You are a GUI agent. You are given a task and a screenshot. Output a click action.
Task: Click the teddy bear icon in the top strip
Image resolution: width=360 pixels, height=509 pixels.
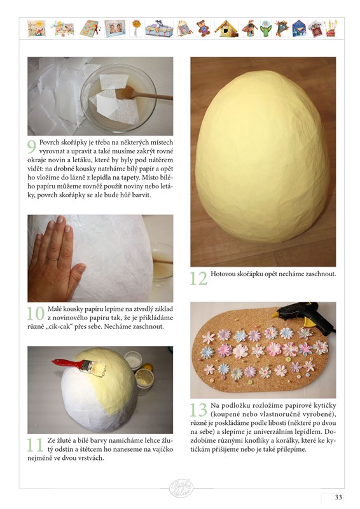(203, 28)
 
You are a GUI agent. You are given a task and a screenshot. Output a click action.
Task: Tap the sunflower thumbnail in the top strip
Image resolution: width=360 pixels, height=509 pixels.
(136, 28)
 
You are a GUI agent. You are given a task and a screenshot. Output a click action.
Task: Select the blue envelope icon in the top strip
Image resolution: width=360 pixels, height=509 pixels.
(299, 29)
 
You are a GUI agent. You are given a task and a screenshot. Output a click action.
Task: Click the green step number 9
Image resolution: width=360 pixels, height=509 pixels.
(32, 147)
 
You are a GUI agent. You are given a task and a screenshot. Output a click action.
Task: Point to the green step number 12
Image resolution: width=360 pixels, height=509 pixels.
(198, 279)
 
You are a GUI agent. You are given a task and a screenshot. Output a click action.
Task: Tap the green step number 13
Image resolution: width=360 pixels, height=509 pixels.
(198, 410)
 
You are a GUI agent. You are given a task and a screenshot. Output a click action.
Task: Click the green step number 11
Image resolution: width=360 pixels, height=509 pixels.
(35, 445)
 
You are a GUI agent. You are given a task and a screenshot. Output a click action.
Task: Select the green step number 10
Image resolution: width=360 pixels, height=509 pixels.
(36, 314)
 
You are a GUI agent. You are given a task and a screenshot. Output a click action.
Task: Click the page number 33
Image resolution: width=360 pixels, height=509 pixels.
(338, 498)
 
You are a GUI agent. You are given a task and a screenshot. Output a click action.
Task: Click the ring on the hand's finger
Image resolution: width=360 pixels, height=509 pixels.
(52, 259)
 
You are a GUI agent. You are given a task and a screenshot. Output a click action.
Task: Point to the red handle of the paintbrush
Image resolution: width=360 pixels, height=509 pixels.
(67, 363)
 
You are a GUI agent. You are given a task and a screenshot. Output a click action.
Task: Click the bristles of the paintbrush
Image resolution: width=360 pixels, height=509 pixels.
(98, 369)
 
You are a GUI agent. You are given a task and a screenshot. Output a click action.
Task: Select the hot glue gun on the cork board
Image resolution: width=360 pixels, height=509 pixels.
(303, 315)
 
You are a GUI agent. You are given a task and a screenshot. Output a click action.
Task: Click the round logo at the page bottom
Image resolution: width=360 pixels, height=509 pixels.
(181, 488)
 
